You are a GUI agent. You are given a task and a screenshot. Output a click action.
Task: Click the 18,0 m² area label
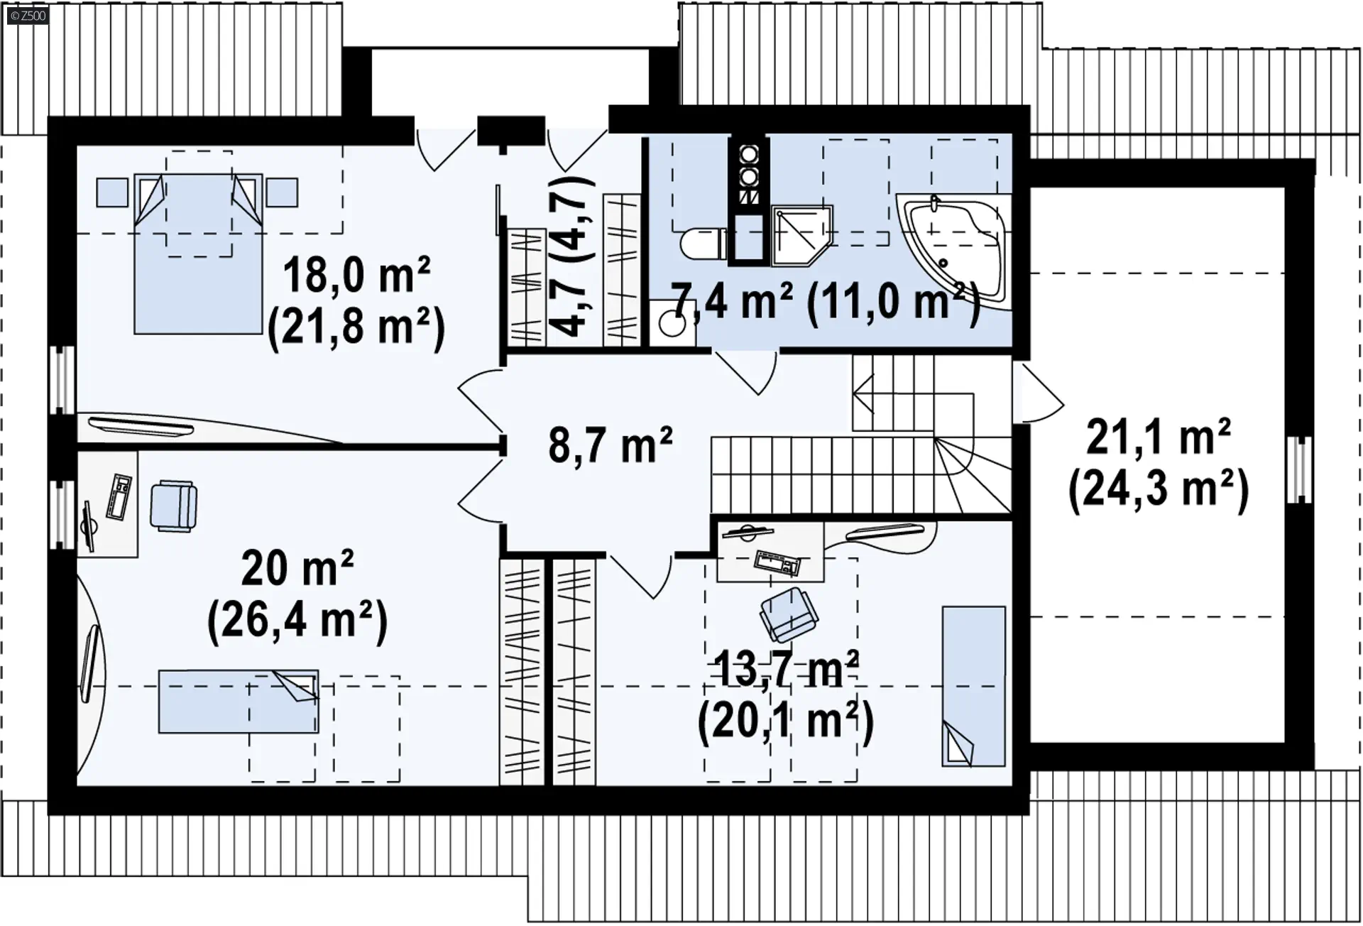357,276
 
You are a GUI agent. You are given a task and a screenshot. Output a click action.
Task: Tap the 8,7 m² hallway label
611,445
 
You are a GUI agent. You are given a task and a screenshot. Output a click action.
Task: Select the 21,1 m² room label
1159,437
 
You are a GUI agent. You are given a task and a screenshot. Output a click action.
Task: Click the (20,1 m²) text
786,721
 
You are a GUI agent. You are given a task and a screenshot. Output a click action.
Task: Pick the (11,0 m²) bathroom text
894,303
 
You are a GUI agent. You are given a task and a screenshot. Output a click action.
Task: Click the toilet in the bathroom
704,244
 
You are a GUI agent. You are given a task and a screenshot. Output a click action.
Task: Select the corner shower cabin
801,236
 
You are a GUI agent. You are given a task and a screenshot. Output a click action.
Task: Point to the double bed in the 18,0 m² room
199,254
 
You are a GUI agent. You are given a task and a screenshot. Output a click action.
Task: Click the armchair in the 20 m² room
174,506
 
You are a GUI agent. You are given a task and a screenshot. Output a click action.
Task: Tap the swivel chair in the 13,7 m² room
789,614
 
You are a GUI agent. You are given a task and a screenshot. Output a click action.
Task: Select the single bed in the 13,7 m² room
974,686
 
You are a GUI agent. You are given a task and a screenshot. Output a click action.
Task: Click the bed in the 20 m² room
239,701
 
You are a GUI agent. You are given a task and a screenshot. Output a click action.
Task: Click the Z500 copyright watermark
28,16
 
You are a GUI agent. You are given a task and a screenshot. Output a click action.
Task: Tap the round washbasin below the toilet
672,324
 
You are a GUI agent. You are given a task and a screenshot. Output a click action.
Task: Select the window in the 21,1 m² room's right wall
1299,469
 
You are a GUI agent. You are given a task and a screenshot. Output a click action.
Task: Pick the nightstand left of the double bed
112,192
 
